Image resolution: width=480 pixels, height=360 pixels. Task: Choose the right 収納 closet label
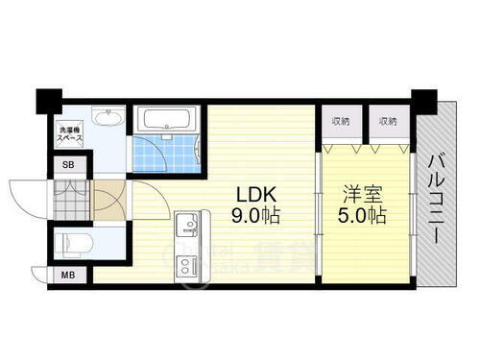[x=387, y=122]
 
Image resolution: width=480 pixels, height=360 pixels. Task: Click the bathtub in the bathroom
[x=167, y=121]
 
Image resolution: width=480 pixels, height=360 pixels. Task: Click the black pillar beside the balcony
[x=420, y=97]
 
